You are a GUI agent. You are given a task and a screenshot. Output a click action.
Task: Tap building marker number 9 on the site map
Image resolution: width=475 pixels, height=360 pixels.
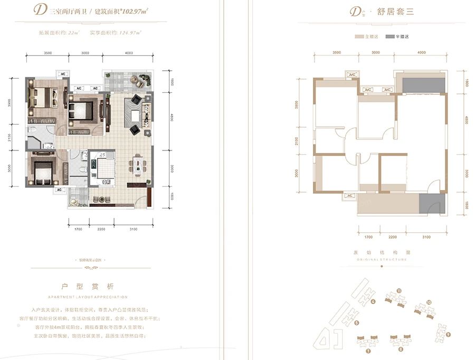pos(448,334)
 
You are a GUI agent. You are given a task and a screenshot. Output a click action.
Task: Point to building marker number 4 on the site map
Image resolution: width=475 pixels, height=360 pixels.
pos(373,302)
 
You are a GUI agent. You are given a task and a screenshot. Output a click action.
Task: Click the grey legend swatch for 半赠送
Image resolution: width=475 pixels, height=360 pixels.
pos(389,37)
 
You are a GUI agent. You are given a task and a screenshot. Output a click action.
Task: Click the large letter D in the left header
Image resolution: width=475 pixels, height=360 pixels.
pos(39,10)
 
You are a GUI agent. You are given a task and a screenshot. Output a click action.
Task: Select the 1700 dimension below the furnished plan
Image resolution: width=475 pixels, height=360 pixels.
pos(78,229)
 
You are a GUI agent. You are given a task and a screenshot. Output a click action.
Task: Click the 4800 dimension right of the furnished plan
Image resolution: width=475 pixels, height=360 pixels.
pos(171,119)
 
